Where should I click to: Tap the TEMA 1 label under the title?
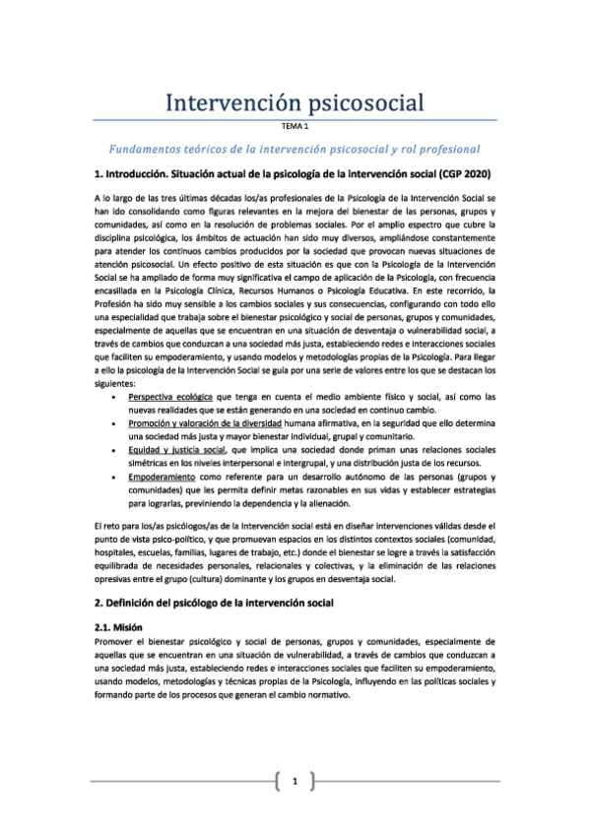[295, 126]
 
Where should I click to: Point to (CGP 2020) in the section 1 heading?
[471, 175]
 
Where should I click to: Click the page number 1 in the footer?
[294, 783]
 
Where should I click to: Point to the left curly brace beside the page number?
[279, 783]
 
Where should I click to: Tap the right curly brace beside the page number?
[310, 783]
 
